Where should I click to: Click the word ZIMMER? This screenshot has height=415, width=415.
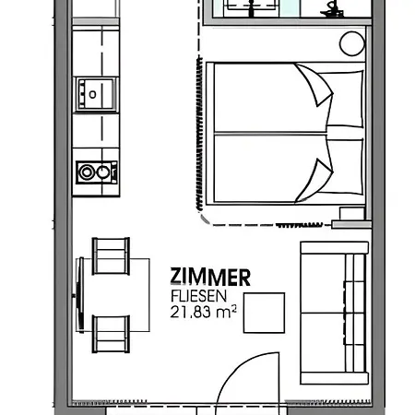(210, 277)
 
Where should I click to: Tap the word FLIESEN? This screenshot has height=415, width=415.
(198, 296)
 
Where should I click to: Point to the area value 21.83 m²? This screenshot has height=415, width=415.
(204, 312)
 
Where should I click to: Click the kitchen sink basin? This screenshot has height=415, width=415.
(96, 94)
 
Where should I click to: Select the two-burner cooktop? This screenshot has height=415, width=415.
(97, 172)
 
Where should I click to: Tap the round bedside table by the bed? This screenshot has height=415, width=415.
(352, 43)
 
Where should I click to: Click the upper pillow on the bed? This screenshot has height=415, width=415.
(341, 99)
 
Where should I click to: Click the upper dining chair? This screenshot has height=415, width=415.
(111, 256)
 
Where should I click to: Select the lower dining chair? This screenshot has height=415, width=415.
(111, 334)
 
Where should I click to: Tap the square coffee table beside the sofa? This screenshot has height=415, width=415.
(264, 313)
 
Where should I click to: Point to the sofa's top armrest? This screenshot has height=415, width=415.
(335, 248)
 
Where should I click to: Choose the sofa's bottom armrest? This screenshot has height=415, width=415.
(335, 378)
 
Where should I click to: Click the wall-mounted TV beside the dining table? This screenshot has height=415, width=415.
(80, 295)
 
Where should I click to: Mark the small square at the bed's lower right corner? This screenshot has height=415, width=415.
(352, 213)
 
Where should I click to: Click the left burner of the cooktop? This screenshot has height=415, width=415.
(87, 172)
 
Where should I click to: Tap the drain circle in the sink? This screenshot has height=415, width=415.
(92, 94)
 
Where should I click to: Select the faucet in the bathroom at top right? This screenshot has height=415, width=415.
(332, 9)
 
